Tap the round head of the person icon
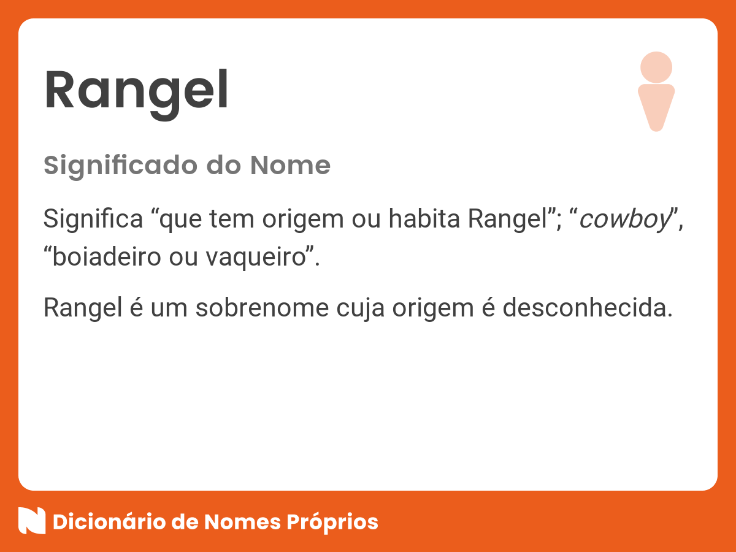tap(656, 67)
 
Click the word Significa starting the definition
tap(93, 220)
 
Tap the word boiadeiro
tap(108, 258)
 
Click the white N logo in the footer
tap(32, 521)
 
